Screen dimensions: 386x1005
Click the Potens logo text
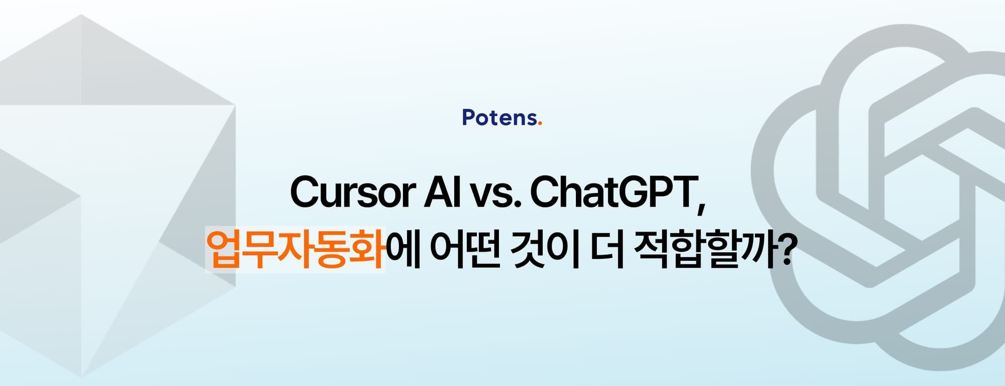[x=499, y=118]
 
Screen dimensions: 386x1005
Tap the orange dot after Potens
[x=540, y=124]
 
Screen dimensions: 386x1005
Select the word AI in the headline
[x=442, y=191]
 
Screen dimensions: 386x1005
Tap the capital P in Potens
[x=468, y=118]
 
